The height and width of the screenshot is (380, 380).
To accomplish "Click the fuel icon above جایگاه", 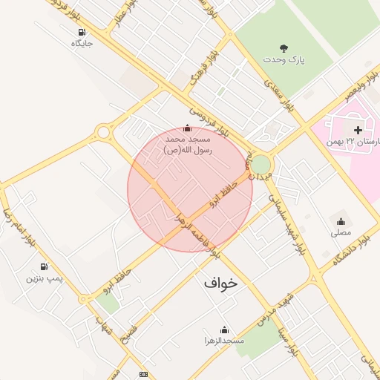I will (81, 32).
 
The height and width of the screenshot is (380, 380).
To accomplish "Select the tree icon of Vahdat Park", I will (284, 47).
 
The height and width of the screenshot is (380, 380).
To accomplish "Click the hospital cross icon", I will (358, 130).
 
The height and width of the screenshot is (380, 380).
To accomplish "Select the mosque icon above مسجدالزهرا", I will (224, 330).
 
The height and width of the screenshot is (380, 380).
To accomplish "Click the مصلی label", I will (341, 232).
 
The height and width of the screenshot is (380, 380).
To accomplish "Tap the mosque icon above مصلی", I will (341, 220).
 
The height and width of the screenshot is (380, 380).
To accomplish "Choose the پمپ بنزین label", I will (42, 278).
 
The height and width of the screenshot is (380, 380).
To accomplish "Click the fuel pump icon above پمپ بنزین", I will (44, 266).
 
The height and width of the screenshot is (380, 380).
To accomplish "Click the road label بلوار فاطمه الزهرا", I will (192, 233).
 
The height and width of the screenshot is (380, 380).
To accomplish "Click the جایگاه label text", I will (81, 43).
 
